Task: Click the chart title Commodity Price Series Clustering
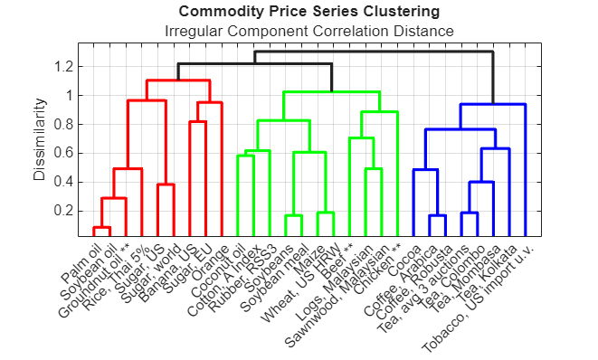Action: click(x=309, y=12)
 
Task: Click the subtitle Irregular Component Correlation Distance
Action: click(x=309, y=32)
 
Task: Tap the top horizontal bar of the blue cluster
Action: click(x=493, y=105)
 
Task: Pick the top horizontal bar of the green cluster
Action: click(x=331, y=92)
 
